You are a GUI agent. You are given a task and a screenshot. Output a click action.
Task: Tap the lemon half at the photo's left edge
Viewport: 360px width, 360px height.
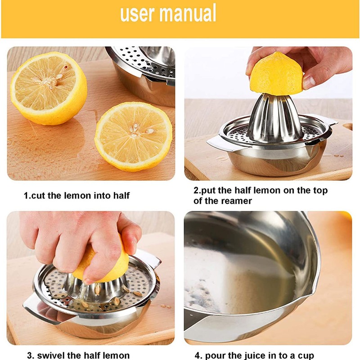(x=48, y=88)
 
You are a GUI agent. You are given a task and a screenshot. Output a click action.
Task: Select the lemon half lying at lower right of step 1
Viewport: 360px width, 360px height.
(x=134, y=135)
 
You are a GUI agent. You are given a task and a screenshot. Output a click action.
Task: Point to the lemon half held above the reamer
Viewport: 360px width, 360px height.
(x=276, y=74)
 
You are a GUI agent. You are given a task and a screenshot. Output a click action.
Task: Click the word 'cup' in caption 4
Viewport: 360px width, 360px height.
(x=304, y=355)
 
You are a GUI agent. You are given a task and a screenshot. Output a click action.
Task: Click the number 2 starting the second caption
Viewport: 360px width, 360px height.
(x=196, y=190)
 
